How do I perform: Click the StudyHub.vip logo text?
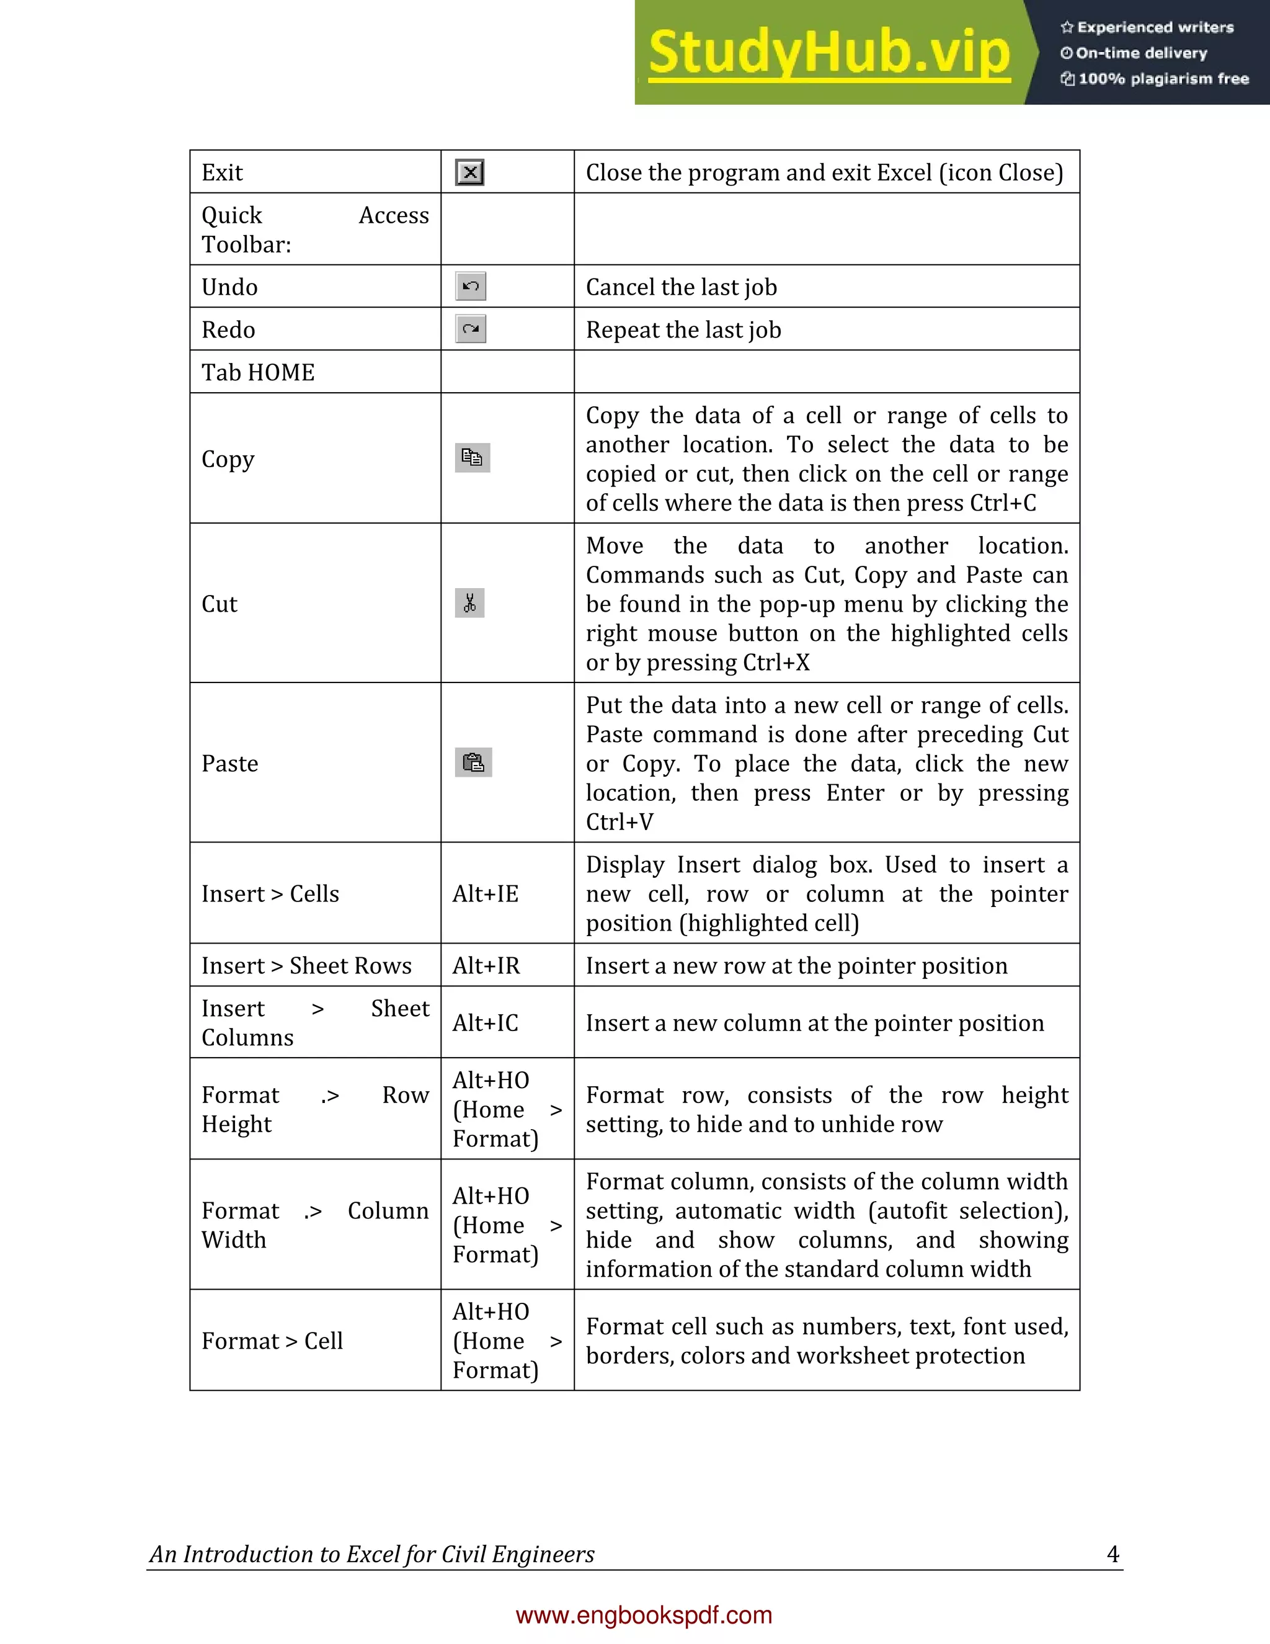828,53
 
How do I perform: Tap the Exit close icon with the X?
469,172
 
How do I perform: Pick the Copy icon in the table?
473,458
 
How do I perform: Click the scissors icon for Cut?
469,603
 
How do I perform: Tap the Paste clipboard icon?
473,762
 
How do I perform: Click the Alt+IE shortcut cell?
486,893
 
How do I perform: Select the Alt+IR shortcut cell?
486,966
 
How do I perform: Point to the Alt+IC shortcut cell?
486,1023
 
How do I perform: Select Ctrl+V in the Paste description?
619,822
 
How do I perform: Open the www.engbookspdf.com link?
644,1615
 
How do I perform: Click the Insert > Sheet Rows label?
307,966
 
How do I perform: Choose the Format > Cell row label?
272,1341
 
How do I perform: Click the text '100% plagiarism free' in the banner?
1163,79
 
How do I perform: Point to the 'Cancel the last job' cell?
682,287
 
